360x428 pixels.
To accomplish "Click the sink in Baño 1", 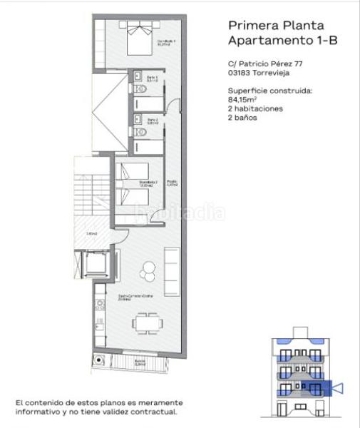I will point(135,78).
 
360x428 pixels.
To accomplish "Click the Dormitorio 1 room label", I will point(166,44).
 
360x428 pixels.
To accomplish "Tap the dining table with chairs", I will point(146,323).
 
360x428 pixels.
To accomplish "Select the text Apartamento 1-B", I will point(282,41).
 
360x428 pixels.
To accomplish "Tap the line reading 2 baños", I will point(242,118).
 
